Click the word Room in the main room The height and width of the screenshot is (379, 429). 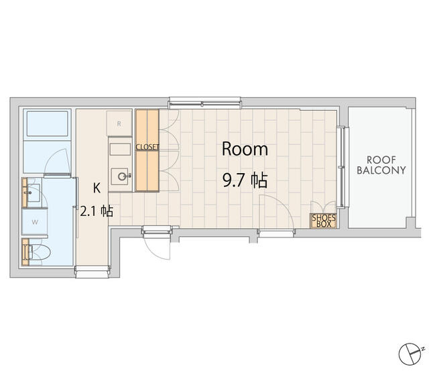point(245,149)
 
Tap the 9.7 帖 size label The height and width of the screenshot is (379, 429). point(245,180)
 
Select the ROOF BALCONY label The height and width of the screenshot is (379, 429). point(381,165)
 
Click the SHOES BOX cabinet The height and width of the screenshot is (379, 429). point(323,221)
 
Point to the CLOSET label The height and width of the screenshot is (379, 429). point(147,147)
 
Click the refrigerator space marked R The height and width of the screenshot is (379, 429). point(119,124)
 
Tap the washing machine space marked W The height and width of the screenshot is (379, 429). point(35,222)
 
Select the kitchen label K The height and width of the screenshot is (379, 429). point(97,188)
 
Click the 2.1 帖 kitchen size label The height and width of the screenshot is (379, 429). point(97,211)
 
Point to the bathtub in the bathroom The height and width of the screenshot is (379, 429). point(48,123)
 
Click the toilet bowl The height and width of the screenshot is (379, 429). point(39,252)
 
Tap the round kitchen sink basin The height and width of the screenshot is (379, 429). point(122,176)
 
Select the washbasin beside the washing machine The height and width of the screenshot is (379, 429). point(34,193)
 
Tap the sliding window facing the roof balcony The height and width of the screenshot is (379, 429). point(342,167)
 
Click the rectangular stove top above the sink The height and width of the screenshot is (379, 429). point(120,149)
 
